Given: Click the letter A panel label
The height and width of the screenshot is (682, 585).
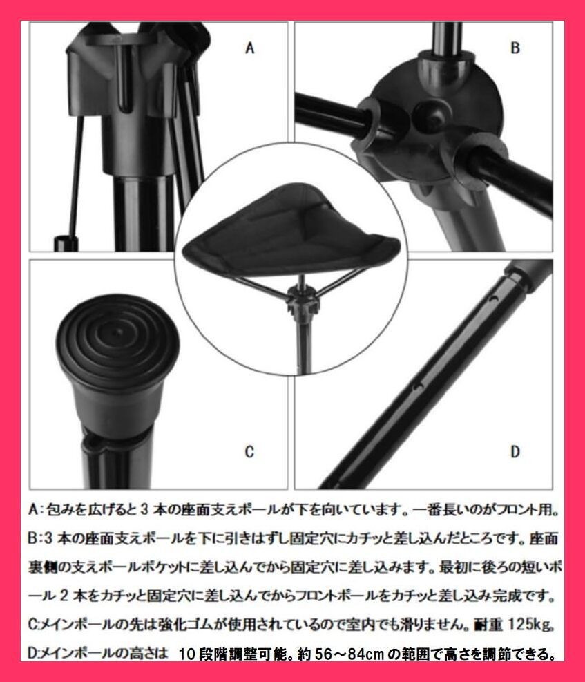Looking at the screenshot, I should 251,48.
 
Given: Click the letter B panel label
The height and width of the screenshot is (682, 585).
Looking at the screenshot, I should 515,48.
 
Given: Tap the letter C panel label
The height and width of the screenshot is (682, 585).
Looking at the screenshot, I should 250,453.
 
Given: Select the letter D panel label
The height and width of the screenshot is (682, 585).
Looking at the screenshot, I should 515,453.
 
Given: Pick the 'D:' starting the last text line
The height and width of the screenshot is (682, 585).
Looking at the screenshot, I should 36,654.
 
